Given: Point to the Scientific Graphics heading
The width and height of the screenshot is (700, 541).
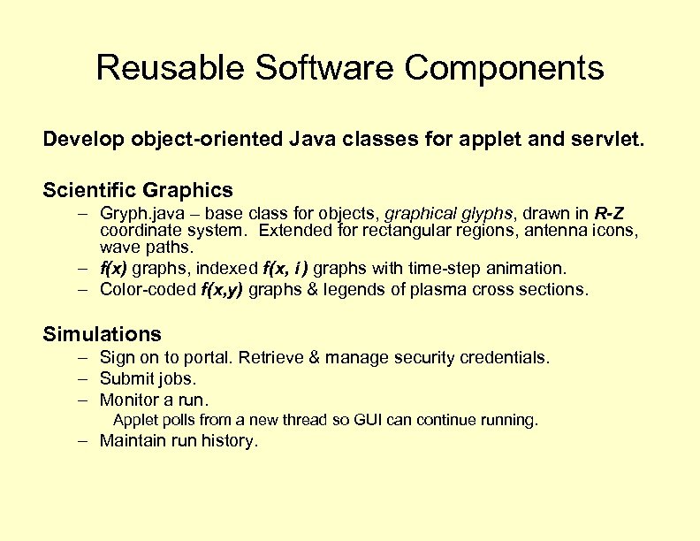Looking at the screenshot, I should (x=138, y=190).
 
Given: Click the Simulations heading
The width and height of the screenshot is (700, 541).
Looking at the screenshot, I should (x=103, y=334).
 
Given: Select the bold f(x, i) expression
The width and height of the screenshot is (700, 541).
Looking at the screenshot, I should (x=286, y=268).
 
